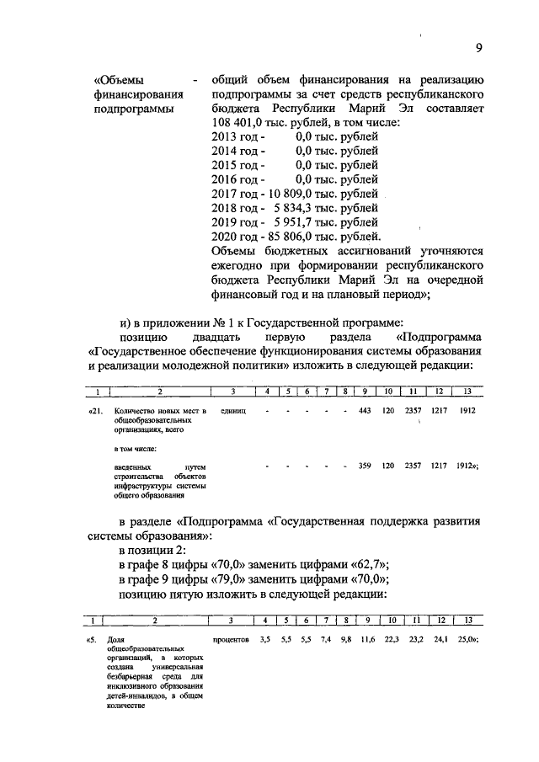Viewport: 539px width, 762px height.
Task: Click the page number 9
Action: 478,47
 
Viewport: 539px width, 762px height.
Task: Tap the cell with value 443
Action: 365,410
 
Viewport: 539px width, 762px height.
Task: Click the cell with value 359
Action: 365,465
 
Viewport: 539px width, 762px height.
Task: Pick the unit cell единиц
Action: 231,410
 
